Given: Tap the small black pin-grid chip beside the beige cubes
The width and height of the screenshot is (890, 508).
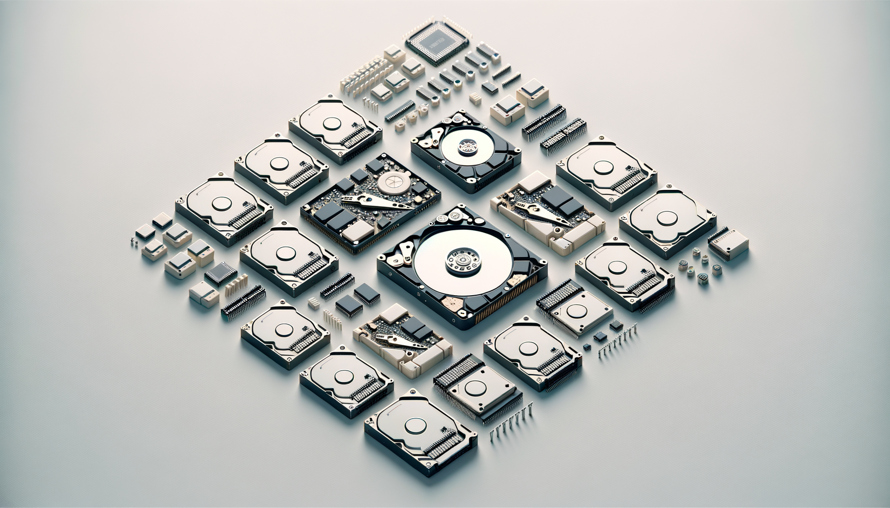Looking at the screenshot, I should click(x=221, y=273).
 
